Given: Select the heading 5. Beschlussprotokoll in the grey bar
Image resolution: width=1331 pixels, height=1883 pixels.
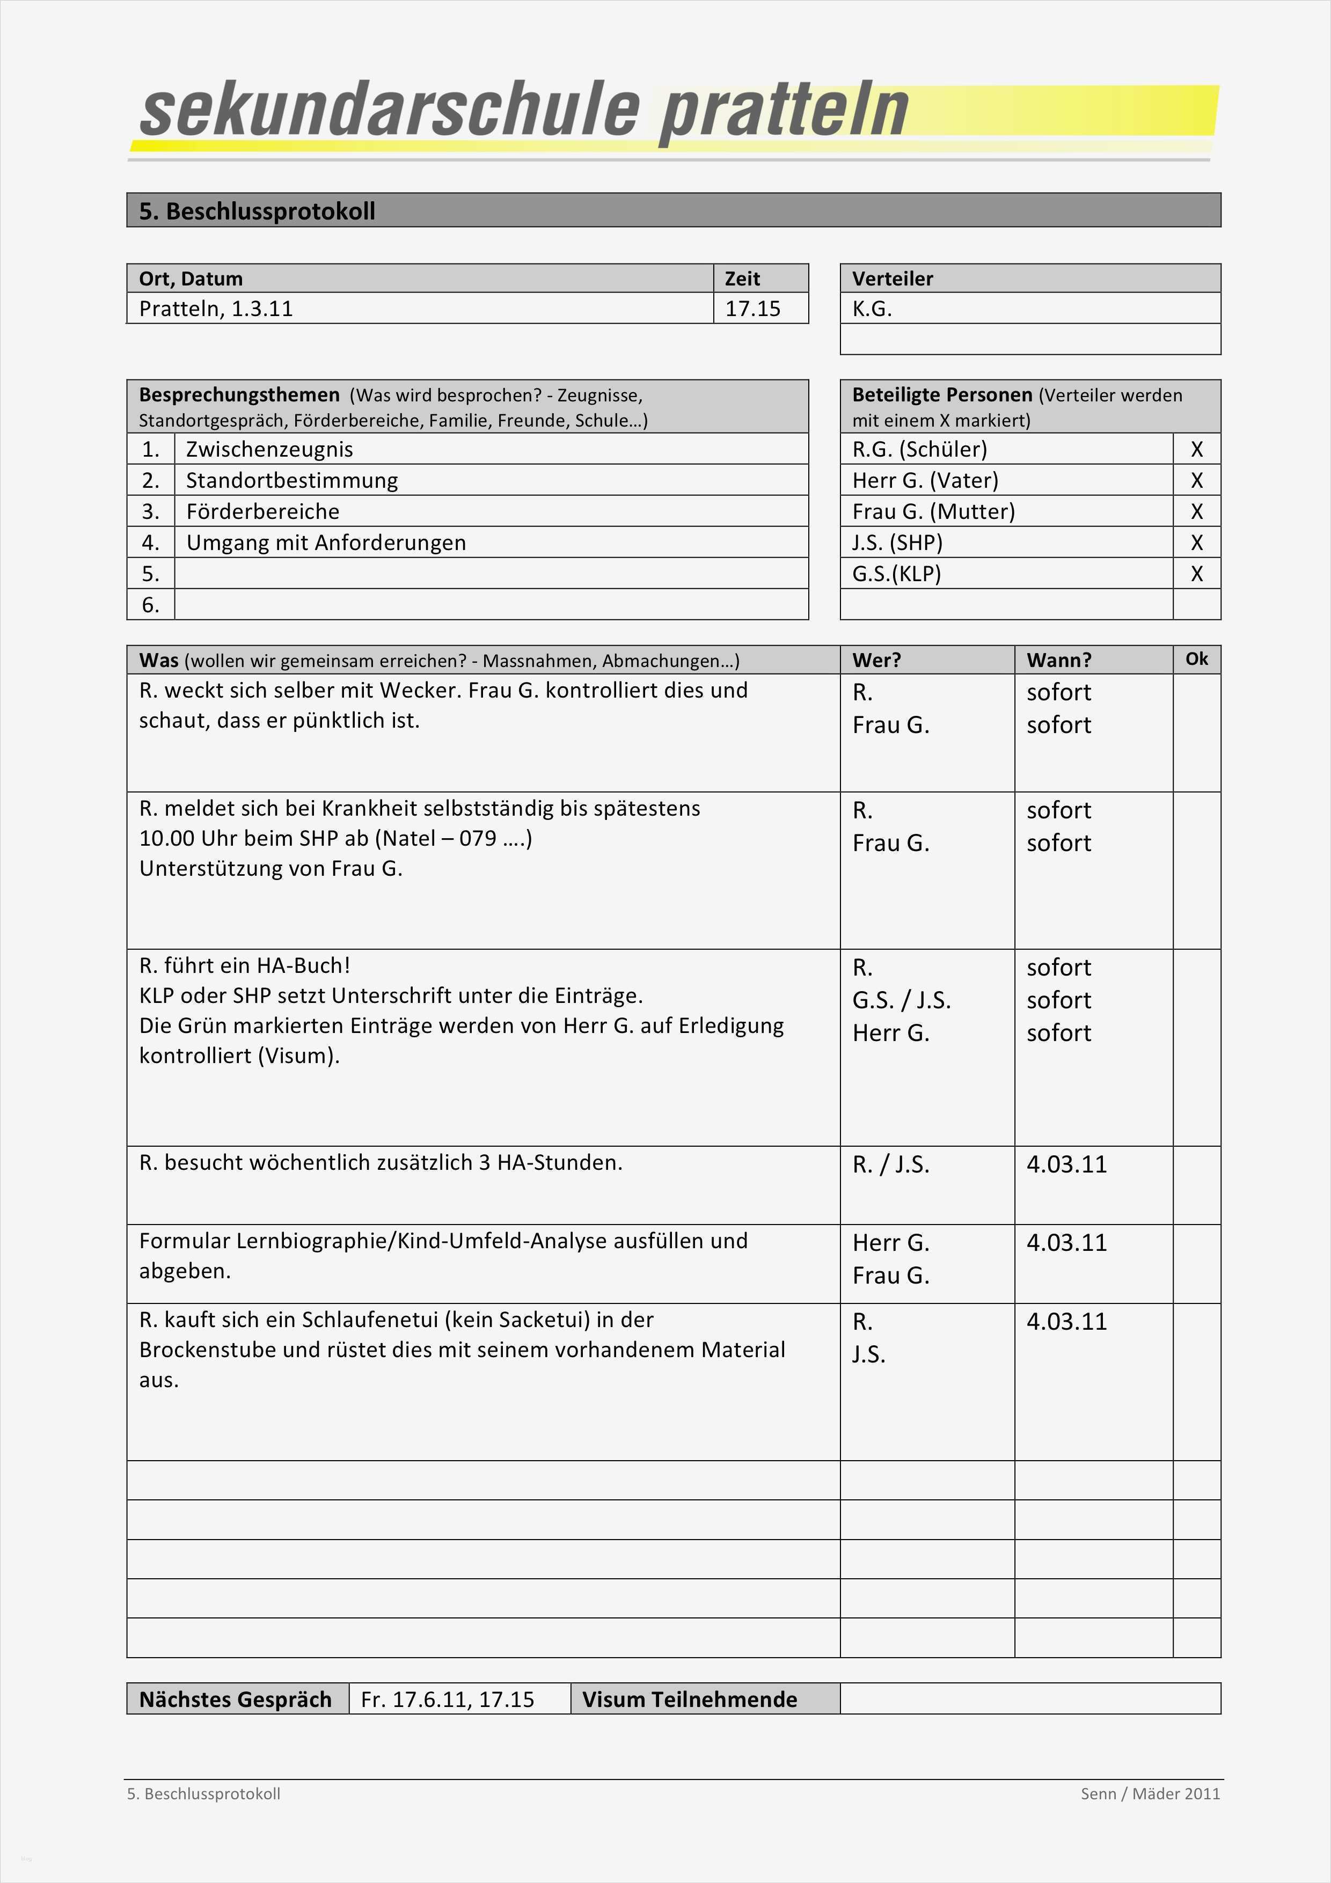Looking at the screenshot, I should click(x=257, y=211).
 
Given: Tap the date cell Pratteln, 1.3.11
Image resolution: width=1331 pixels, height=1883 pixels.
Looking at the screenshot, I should click(x=216, y=309).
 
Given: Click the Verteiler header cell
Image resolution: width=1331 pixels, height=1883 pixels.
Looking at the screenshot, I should click(x=893, y=279).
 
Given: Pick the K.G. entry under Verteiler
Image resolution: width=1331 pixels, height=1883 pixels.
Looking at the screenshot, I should click(x=872, y=309).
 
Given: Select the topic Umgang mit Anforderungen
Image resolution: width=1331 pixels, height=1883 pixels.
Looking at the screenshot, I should click(x=326, y=543).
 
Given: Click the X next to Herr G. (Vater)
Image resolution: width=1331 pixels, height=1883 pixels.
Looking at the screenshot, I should click(x=1196, y=481).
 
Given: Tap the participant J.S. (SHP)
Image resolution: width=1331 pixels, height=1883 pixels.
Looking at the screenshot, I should click(x=897, y=543).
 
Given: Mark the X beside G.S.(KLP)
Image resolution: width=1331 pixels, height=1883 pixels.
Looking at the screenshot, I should click(x=1196, y=574).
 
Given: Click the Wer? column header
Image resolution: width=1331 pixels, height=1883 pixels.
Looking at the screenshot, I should click(x=876, y=660).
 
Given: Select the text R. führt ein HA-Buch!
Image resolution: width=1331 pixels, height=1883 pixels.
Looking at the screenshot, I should click(x=244, y=965).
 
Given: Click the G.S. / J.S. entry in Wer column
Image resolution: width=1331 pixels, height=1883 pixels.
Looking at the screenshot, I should click(x=901, y=1001).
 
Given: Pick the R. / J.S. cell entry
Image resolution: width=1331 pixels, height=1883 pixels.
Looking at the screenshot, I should click(x=890, y=1164).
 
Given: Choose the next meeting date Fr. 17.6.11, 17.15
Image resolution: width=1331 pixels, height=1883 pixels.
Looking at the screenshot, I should click(x=447, y=1699).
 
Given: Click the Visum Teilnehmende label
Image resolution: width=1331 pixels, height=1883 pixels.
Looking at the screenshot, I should click(x=689, y=1699).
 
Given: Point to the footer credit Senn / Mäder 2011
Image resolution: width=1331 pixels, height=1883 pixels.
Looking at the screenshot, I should click(x=1150, y=1793).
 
